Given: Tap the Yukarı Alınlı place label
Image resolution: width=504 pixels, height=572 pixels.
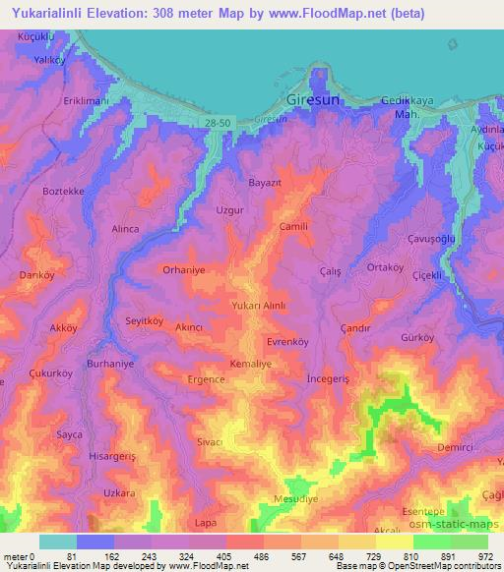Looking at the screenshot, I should click(x=259, y=307).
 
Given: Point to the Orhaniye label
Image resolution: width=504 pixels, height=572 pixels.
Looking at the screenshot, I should click(x=183, y=267).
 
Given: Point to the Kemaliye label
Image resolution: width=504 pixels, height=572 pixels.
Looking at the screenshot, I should click(x=250, y=363).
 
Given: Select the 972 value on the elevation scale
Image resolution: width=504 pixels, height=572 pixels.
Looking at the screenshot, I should click(x=487, y=555).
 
